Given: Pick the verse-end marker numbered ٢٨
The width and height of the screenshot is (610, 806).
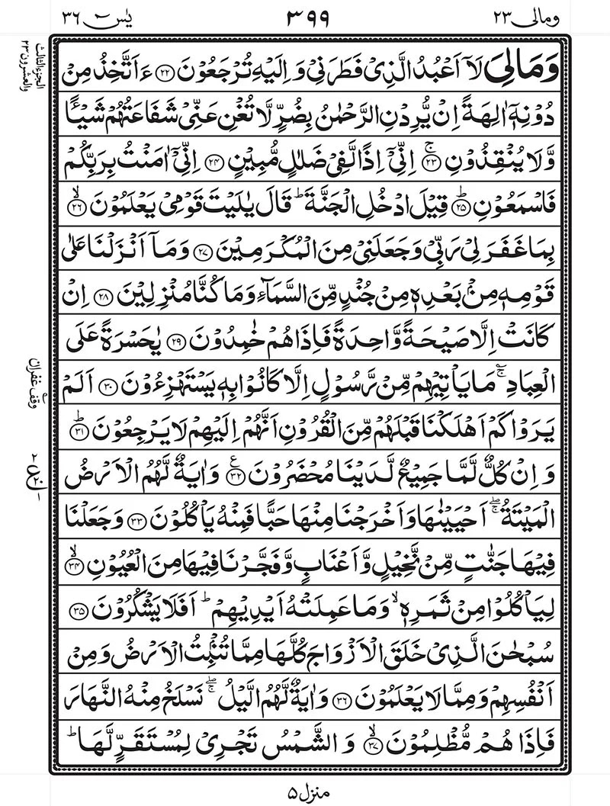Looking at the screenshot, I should (106, 292).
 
